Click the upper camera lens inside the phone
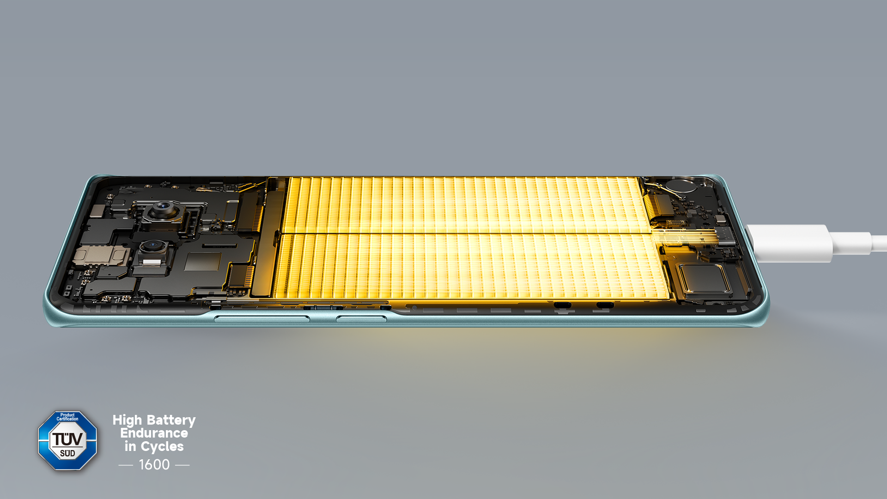(x=163, y=210)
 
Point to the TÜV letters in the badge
(x=67, y=439)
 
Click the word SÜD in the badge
(x=67, y=453)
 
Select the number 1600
(x=154, y=464)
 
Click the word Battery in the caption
(x=171, y=420)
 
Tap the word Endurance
(x=154, y=433)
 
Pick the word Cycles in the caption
(x=162, y=447)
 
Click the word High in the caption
(x=127, y=420)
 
